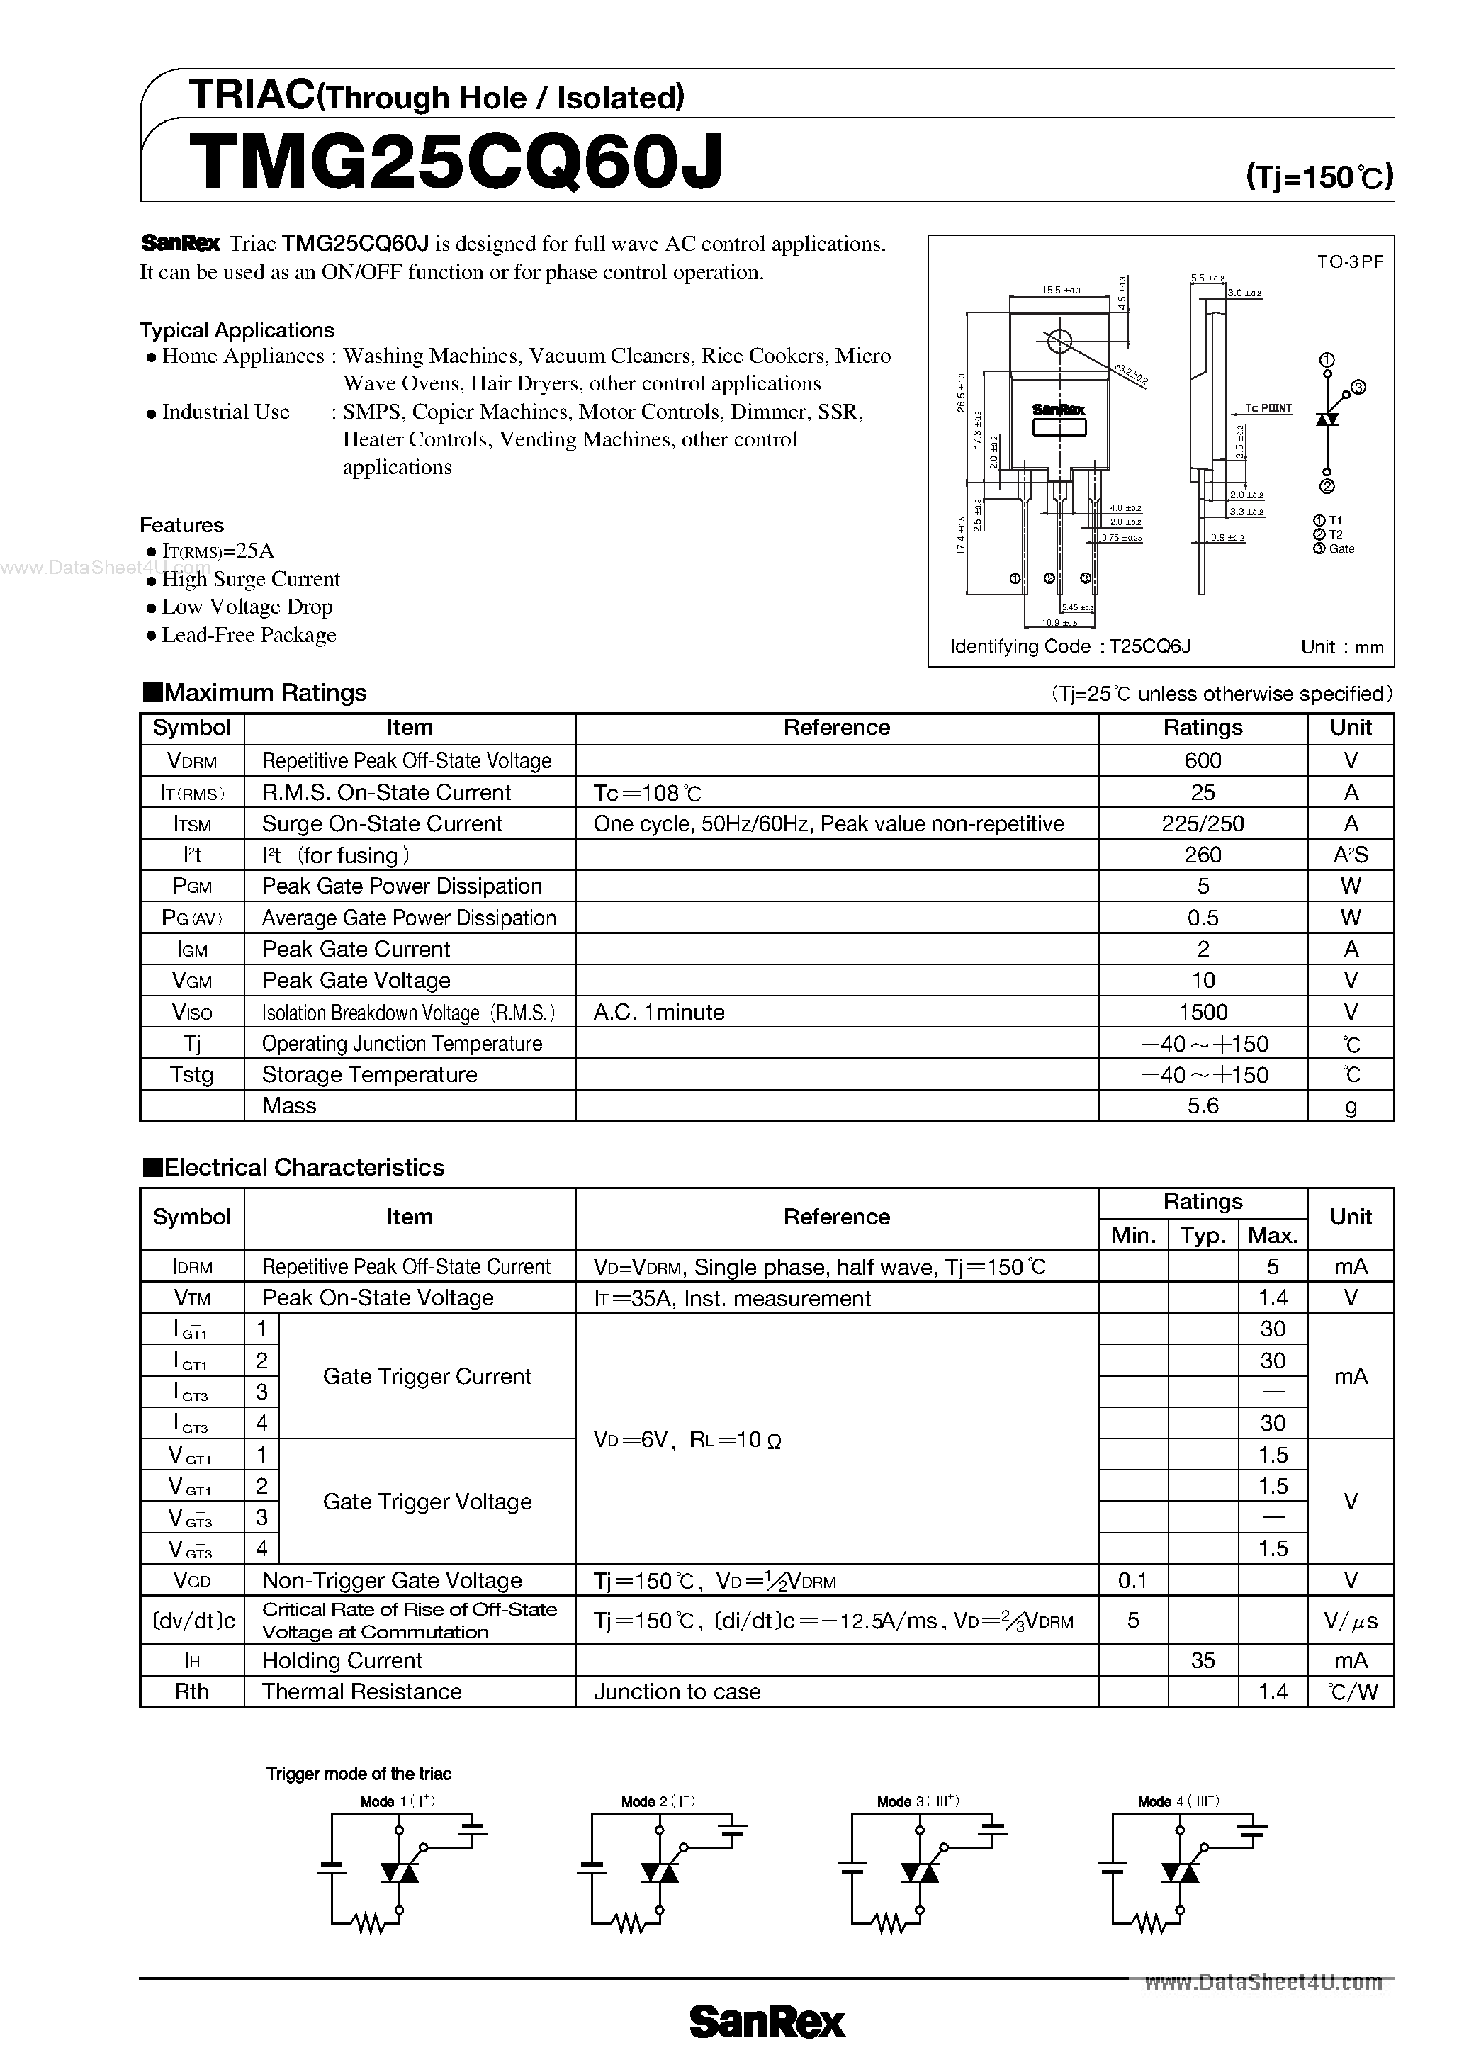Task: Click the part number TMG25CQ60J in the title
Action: [455, 162]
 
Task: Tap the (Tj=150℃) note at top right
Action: [1319, 176]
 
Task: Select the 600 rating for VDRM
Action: [1203, 761]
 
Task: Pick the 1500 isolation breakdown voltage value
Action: [1203, 1012]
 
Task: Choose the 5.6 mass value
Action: [1203, 1105]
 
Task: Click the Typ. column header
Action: [1203, 1234]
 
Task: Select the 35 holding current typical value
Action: [1203, 1660]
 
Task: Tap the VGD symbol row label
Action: [191, 1580]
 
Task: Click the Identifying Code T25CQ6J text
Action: [1069, 646]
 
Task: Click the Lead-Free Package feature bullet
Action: [248, 636]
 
